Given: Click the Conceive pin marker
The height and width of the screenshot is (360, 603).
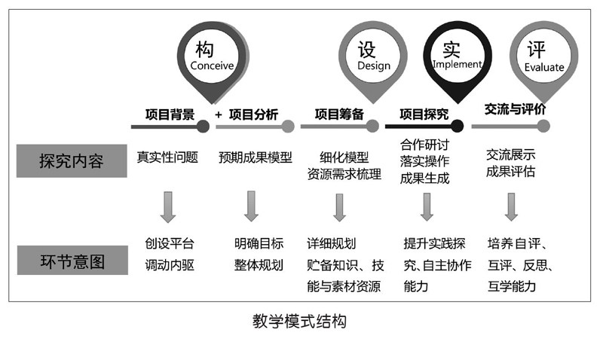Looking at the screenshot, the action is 212,56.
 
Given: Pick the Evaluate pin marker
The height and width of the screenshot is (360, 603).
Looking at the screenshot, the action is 543,56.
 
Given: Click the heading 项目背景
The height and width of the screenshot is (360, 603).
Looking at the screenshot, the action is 170,114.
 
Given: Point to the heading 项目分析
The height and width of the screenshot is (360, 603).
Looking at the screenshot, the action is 253,114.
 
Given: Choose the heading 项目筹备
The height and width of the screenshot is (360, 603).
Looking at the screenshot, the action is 339,114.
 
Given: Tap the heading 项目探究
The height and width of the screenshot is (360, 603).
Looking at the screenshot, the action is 424,114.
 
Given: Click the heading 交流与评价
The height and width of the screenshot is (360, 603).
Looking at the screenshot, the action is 515,109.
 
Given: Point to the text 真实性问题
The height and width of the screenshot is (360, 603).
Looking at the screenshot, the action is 167,158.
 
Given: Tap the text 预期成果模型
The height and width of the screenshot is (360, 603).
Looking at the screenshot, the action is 256,158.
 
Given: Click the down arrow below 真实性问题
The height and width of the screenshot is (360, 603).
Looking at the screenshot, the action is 167,206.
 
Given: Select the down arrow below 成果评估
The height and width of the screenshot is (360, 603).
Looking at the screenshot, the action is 511,206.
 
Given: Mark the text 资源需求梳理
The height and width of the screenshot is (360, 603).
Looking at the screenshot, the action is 344,175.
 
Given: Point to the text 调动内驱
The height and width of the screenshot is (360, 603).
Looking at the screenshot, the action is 170,264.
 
